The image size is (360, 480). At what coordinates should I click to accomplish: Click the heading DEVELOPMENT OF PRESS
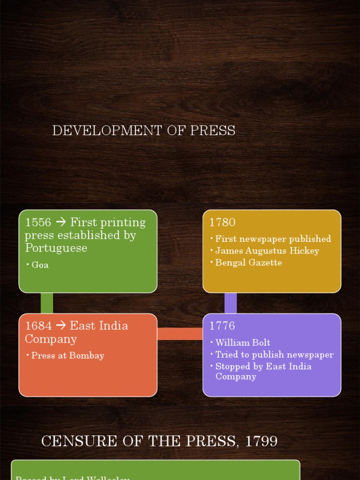(x=143, y=130)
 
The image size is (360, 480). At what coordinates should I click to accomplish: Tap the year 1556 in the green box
(x=38, y=222)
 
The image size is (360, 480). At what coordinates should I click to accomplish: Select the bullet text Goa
(x=40, y=265)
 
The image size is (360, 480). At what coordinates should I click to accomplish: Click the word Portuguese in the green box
(x=56, y=248)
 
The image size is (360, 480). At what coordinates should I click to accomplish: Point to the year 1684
(x=38, y=326)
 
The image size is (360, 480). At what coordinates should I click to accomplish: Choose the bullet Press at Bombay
(x=67, y=355)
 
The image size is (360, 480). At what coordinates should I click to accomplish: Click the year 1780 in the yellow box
(x=222, y=222)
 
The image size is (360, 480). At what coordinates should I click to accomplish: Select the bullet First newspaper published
(x=273, y=239)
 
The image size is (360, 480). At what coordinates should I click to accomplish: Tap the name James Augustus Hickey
(x=267, y=251)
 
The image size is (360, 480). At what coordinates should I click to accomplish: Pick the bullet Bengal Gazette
(x=248, y=262)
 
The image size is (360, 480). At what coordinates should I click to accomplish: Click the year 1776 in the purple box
(x=222, y=326)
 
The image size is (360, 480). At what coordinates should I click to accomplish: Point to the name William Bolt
(x=242, y=343)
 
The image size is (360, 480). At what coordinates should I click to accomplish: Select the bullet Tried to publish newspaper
(x=274, y=354)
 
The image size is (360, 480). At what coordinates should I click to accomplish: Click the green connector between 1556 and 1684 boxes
(x=47, y=303)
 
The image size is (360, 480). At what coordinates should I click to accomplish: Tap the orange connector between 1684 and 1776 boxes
(x=180, y=333)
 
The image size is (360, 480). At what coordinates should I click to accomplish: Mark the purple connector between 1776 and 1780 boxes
(x=231, y=303)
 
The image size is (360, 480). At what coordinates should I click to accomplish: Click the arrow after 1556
(x=61, y=222)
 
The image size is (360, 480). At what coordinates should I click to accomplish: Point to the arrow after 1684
(x=61, y=326)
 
